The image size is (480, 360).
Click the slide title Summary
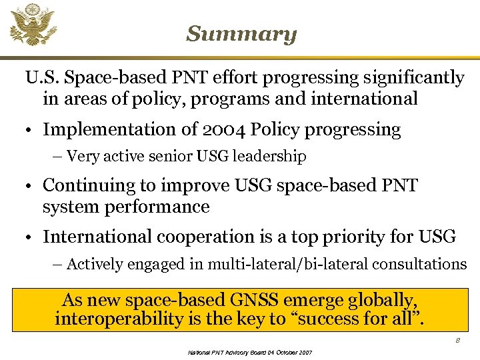tap(241, 34)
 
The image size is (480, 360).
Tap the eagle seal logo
tap(33, 25)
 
